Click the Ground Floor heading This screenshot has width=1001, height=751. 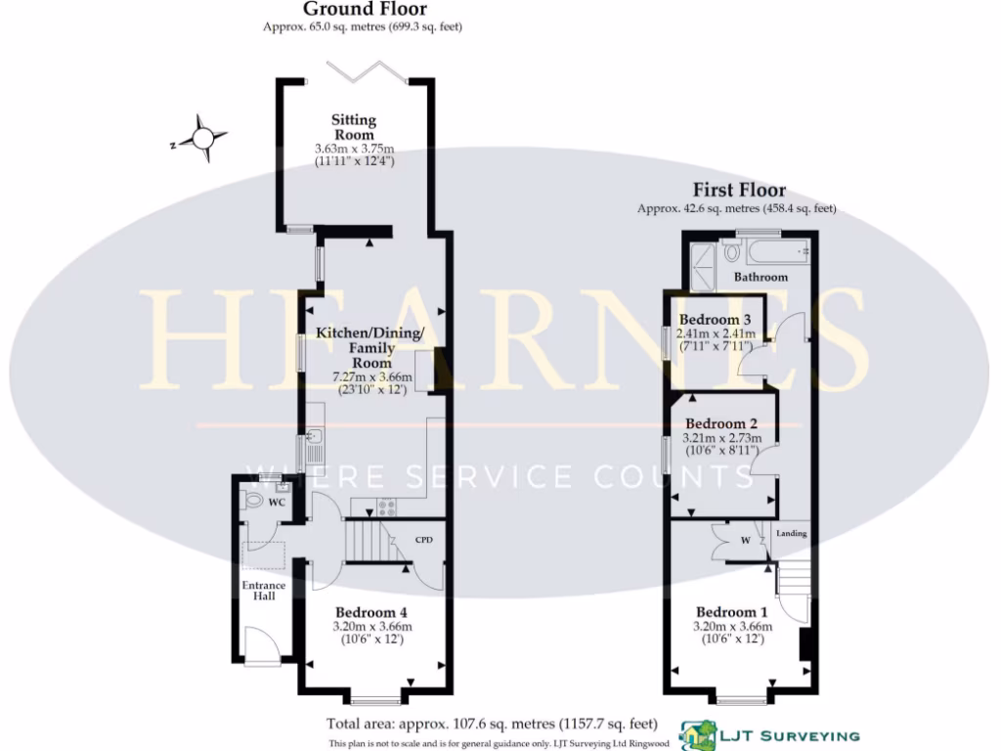(x=351, y=9)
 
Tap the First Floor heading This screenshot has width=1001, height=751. (x=739, y=191)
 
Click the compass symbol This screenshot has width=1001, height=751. (x=203, y=138)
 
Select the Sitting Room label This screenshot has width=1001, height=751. (x=354, y=127)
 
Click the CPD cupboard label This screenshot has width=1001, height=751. (x=424, y=540)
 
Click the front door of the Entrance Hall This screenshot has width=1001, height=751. (x=262, y=645)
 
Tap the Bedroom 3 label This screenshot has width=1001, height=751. (x=715, y=320)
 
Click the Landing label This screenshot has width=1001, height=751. (x=791, y=533)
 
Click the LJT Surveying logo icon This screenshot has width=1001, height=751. (x=698, y=734)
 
